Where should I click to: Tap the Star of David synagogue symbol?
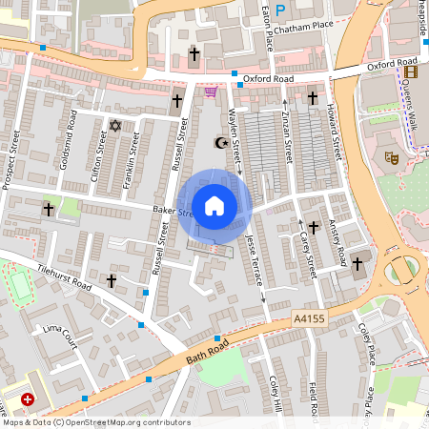[x=116, y=125]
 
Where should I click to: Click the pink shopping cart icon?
[x=210, y=92]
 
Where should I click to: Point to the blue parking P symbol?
[x=280, y=10]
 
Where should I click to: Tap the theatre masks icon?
[x=390, y=156]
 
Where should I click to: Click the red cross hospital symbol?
[x=28, y=399]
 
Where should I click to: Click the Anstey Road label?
[x=337, y=242]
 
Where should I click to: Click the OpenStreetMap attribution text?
[x=95, y=422]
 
